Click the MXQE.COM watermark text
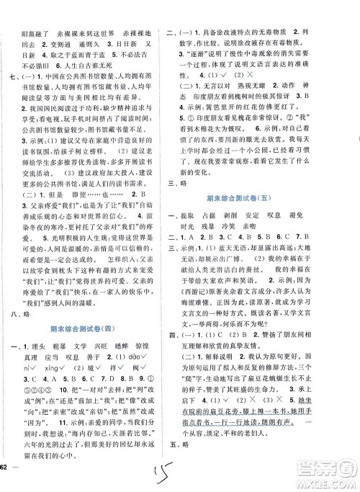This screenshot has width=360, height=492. (328, 481)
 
